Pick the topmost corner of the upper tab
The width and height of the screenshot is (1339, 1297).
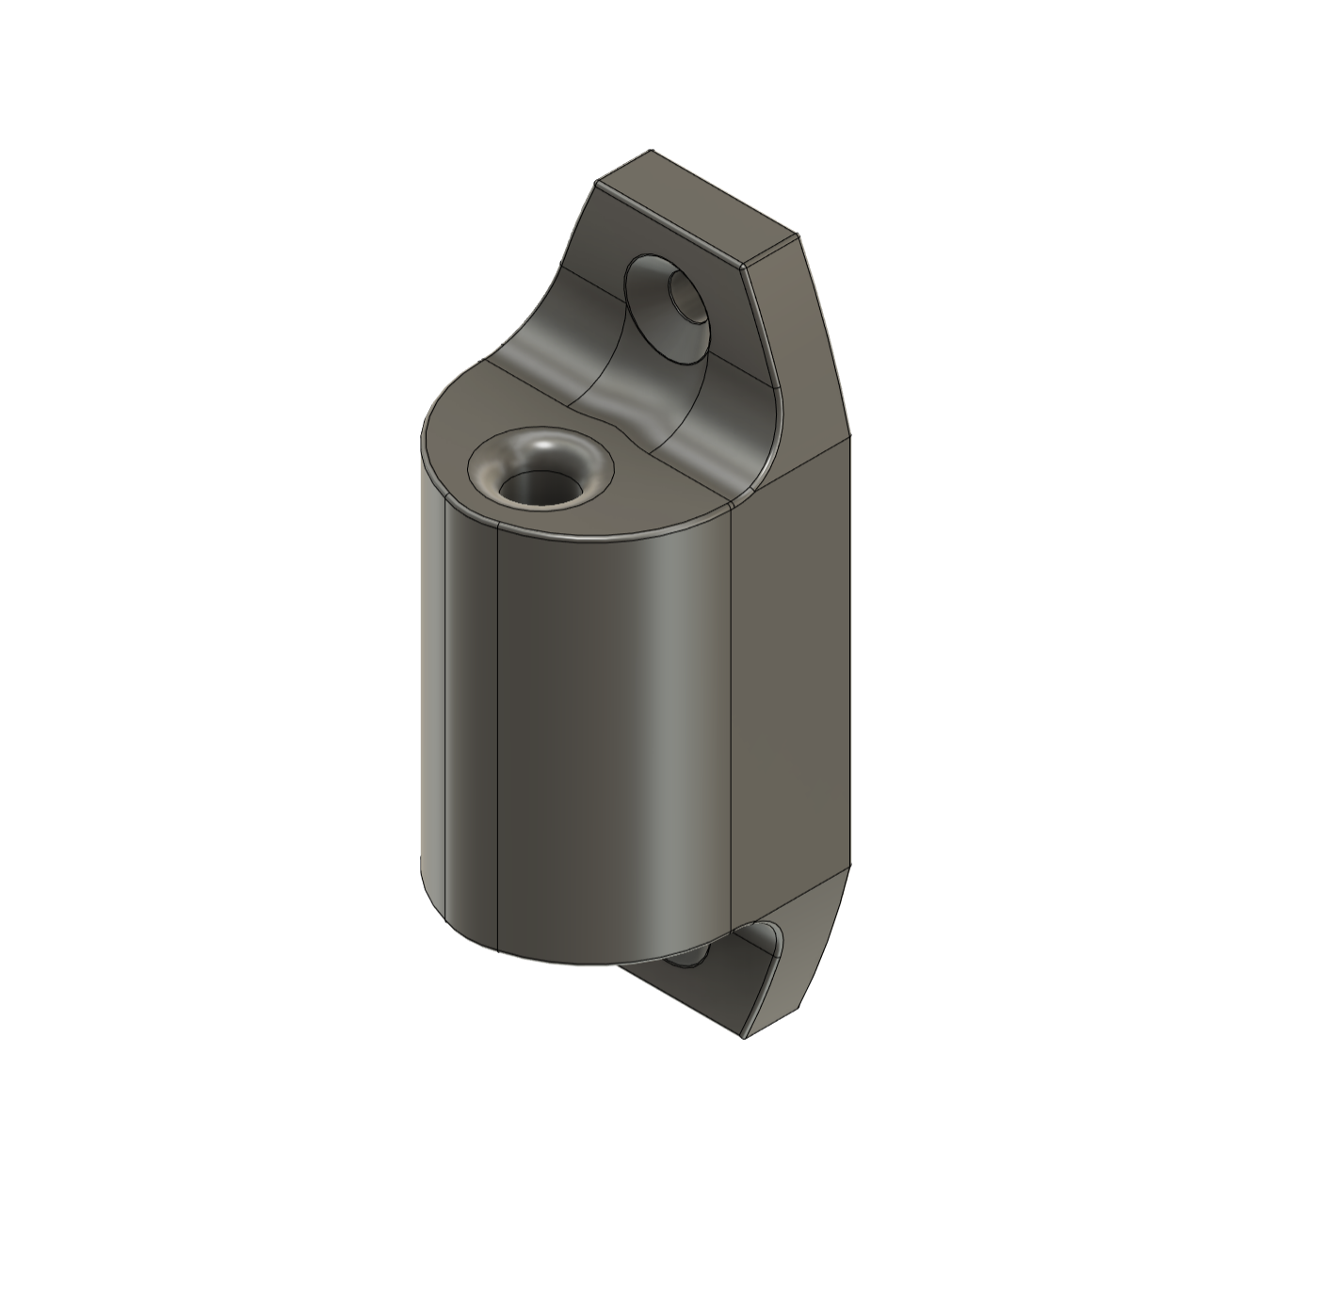click(x=652, y=150)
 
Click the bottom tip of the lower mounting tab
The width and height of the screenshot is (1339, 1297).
click(x=744, y=1037)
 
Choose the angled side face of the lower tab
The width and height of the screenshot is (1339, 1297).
click(x=810, y=951)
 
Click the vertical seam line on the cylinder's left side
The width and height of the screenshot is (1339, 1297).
click(x=496, y=735)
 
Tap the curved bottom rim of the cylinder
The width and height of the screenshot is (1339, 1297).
click(x=565, y=962)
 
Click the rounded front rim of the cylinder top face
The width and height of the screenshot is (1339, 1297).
click(x=584, y=538)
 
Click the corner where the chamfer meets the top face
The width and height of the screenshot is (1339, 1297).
click(x=746, y=268)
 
